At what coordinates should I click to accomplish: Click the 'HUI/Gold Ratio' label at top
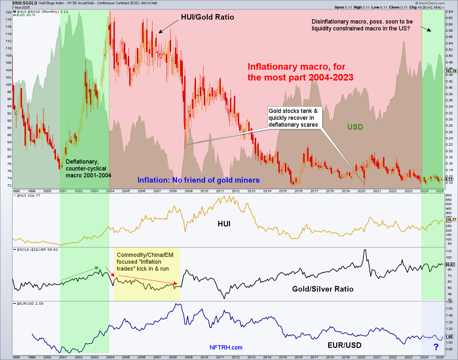207,17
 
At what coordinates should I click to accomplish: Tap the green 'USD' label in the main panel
355,127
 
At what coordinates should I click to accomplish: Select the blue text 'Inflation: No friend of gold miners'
198,180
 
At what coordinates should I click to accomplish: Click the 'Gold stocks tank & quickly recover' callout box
293,118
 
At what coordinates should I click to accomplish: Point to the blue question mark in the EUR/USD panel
436,347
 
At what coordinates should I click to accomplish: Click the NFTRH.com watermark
226,348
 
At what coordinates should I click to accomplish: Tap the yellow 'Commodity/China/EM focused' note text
145,262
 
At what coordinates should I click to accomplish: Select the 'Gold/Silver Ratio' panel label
323,289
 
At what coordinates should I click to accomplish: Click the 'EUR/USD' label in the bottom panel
344,345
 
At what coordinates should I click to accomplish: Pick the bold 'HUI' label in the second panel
224,224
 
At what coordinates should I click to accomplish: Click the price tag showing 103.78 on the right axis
450,71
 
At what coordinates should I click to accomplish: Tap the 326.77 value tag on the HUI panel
450,220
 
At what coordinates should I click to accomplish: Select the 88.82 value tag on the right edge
450,264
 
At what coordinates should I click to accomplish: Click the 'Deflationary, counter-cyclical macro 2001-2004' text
88,169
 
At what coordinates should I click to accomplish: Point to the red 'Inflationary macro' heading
300,72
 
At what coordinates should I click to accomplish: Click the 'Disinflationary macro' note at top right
362,25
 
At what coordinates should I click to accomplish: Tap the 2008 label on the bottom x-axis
173,357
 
